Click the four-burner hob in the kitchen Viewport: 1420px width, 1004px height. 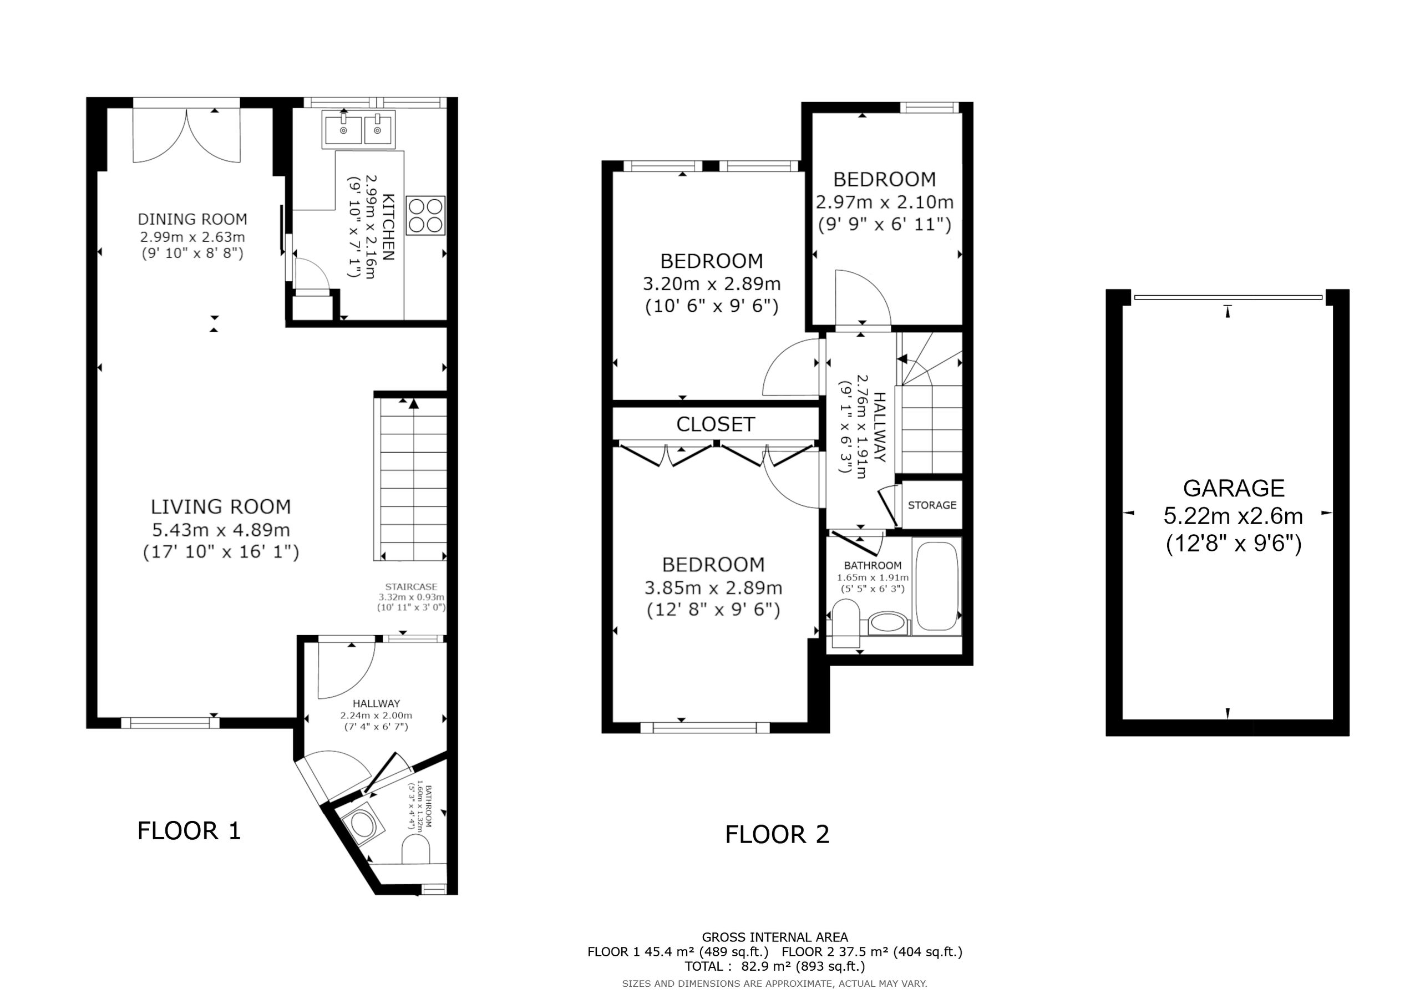(x=425, y=215)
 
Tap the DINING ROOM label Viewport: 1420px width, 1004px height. (x=192, y=219)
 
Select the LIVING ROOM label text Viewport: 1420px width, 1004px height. (x=221, y=507)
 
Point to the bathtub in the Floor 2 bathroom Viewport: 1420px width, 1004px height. (x=937, y=586)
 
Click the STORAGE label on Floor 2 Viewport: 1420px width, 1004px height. (x=932, y=505)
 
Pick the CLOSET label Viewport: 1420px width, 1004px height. (x=716, y=424)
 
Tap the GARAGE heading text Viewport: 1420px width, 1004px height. (x=1234, y=489)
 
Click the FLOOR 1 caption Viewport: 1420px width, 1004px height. (x=189, y=831)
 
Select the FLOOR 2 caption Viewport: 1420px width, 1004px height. (x=777, y=834)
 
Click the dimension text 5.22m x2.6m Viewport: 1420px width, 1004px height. (x=1233, y=516)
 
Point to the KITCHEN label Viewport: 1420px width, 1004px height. (x=388, y=227)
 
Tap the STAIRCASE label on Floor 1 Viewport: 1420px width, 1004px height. (x=411, y=586)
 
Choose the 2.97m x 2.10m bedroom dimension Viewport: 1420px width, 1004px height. (x=884, y=202)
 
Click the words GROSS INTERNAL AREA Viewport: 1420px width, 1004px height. (x=775, y=937)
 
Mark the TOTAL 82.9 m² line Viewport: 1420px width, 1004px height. (x=775, y=966)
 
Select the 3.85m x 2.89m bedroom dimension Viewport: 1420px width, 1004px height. (x=713, y=587)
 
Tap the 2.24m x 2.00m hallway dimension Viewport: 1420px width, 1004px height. (x=376, y=716)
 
